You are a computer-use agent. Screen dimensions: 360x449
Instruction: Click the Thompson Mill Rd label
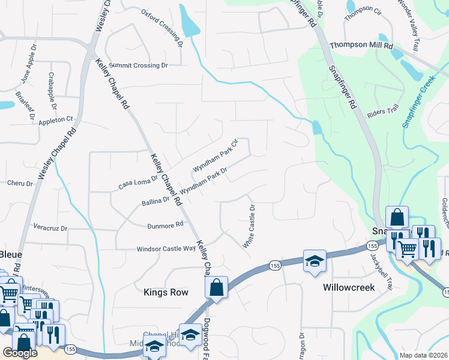tap(361, 46)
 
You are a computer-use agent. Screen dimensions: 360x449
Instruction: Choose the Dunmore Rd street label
tap(165, 225)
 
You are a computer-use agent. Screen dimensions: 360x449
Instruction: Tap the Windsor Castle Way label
tap(166, 248)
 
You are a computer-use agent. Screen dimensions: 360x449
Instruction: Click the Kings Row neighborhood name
tap(166, 292)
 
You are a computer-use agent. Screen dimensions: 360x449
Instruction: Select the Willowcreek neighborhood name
tap(349, 287)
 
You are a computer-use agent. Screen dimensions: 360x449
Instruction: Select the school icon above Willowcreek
tap(315, 261)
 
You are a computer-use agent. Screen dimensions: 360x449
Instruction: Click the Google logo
tap(20, 353)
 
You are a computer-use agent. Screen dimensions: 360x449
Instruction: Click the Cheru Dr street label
tap(19, 183)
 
